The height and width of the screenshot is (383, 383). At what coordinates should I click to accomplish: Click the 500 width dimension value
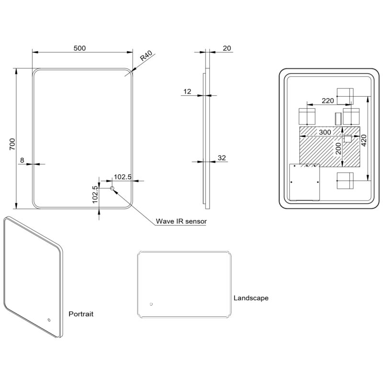(x=79, y=48)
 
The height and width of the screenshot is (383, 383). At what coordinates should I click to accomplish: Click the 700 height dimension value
(x=12, y=144)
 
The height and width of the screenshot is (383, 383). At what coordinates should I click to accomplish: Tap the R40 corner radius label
(x=146, y=56)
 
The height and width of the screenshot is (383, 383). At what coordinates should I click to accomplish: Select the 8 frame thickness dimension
(x=22, y=160)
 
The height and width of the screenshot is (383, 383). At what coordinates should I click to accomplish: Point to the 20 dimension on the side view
(x=226, y=48)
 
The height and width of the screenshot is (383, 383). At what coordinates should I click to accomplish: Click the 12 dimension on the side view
(x=187, y=91)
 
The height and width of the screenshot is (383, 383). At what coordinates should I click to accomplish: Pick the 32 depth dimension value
(x=222, y=158)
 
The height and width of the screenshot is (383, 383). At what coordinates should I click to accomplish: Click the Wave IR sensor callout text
(x=181, y=221)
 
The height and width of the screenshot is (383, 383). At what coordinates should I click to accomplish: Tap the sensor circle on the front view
(x=112, y=188)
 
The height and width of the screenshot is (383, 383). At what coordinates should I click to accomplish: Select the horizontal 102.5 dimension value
(x=123, y=177)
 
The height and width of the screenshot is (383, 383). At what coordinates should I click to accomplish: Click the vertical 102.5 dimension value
(x=95, y=194)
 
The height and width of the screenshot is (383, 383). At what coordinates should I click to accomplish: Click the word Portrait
(x=81, y=314)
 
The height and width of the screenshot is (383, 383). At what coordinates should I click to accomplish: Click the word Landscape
(x=251, y=298)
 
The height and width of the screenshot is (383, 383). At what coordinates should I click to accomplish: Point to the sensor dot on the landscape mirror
(x=151, y=304)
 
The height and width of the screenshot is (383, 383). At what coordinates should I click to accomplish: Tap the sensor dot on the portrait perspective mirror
(x=49, y=320)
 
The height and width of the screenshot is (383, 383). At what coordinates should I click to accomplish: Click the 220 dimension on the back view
(x=328, y=101)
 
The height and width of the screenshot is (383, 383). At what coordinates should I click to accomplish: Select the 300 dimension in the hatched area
(x=325, y=132)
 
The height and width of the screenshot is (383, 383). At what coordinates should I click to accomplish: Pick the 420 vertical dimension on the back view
(x=364, y=140)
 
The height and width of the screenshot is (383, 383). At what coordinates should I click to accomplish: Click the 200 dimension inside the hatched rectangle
(x=338, y=148)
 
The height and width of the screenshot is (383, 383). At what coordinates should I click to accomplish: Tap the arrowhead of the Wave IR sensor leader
(x=116, y=191)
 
